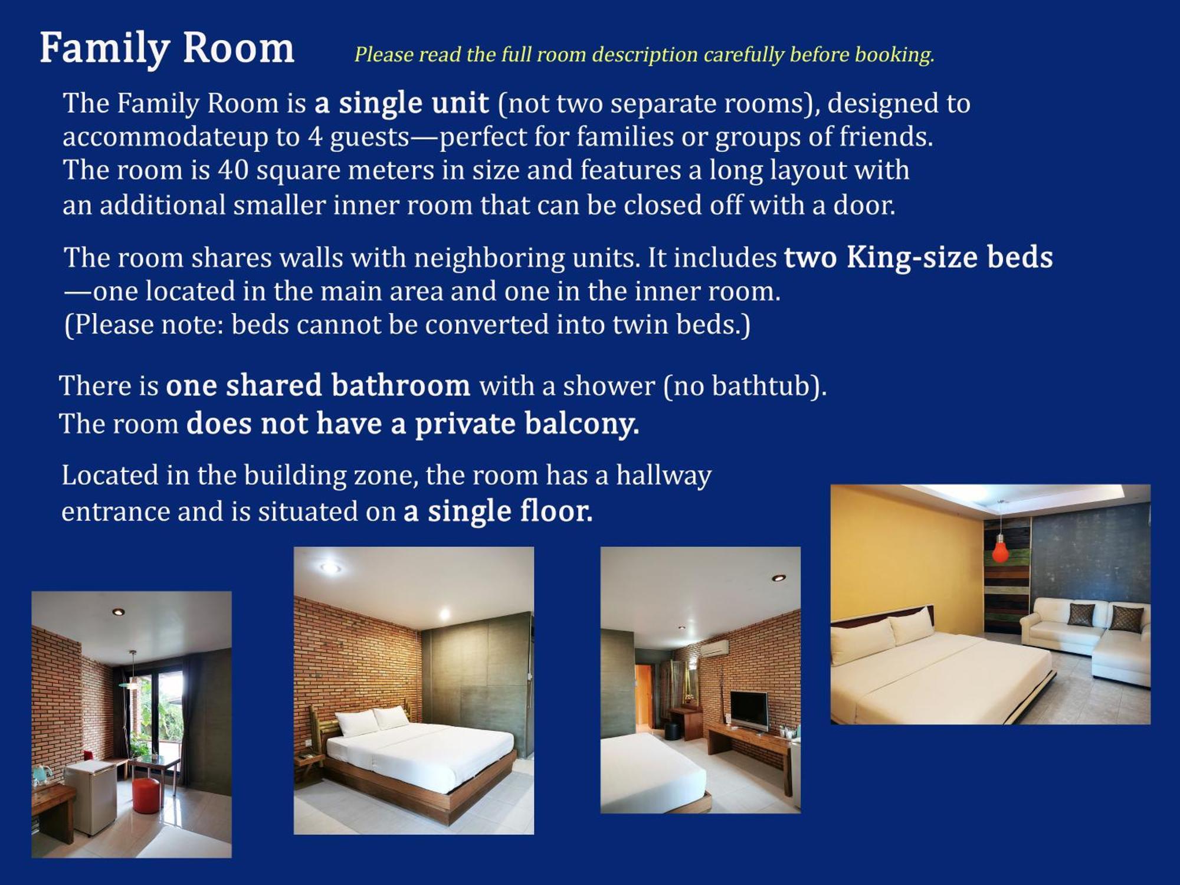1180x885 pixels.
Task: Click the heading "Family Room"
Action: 167,48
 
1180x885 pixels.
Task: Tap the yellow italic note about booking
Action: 644,54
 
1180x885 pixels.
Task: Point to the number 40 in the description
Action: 233,170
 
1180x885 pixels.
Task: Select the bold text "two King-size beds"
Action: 918,258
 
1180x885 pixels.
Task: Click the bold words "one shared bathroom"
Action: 318,385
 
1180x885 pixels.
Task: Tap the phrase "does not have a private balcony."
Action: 412,424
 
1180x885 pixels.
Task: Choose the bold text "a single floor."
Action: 498,511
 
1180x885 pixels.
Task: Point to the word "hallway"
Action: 664,476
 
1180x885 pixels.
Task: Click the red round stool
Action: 146,795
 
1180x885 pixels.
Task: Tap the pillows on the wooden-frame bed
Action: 372,720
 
